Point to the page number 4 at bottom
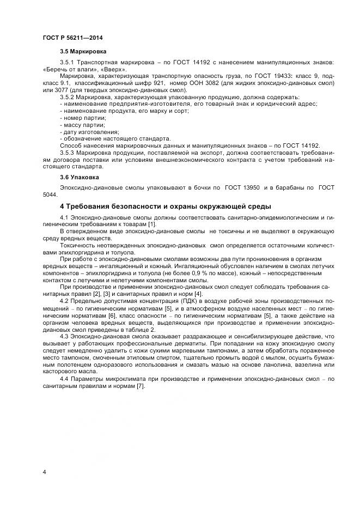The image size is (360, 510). click(44, 471)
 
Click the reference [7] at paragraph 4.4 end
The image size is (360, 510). click(141, 386)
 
